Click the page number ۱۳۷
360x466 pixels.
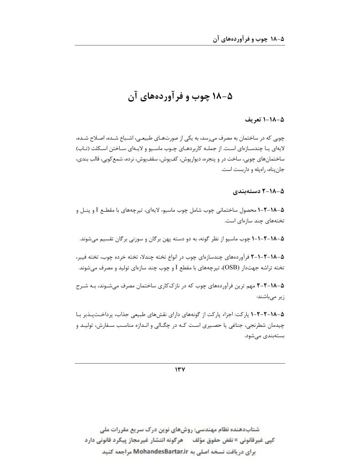click(180, 370)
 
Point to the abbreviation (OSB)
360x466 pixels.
click(244, 267)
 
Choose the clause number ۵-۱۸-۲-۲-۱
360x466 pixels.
click(269, 314)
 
